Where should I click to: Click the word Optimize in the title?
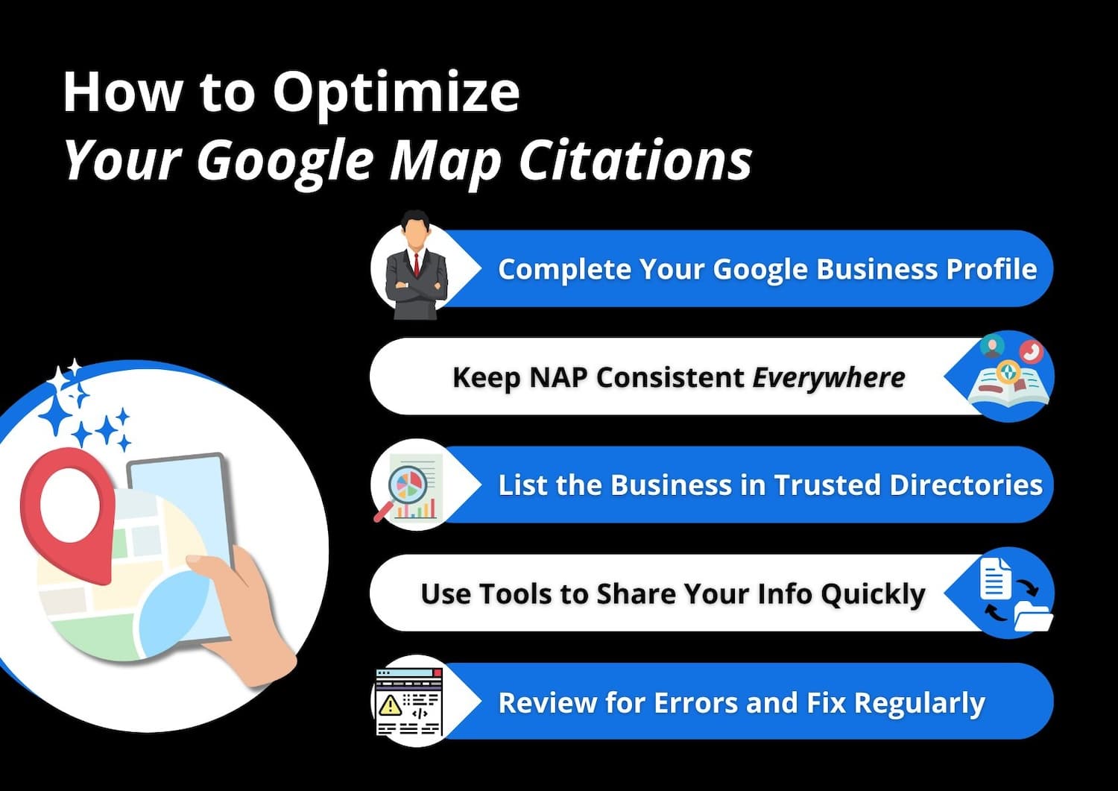395,93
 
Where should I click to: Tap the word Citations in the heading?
635,160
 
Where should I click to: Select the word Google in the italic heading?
285,160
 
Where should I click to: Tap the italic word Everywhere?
829,377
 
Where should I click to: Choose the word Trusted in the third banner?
827,485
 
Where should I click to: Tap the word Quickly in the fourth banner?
873,594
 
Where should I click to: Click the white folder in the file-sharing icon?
1033,617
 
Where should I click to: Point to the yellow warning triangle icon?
389,705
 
